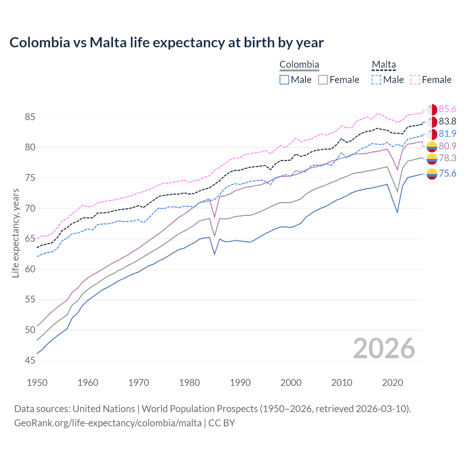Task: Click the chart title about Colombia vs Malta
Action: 166,43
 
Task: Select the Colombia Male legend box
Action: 284,80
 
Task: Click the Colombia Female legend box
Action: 323,80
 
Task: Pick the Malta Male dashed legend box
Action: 376,80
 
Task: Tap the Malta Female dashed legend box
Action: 415,80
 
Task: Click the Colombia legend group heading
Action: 299,64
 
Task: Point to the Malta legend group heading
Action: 384,64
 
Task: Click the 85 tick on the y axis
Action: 30,117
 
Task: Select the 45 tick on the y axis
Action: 30,360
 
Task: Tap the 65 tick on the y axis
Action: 30,239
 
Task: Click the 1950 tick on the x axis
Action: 37,383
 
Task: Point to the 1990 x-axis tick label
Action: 240,383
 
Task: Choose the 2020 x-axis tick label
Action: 392,383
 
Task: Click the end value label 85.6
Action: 447,109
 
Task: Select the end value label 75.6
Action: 447,174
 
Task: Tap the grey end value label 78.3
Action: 447,158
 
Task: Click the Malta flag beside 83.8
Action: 432,122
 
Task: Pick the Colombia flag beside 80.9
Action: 432,146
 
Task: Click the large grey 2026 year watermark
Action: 384,348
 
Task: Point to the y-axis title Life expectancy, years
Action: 15,233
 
